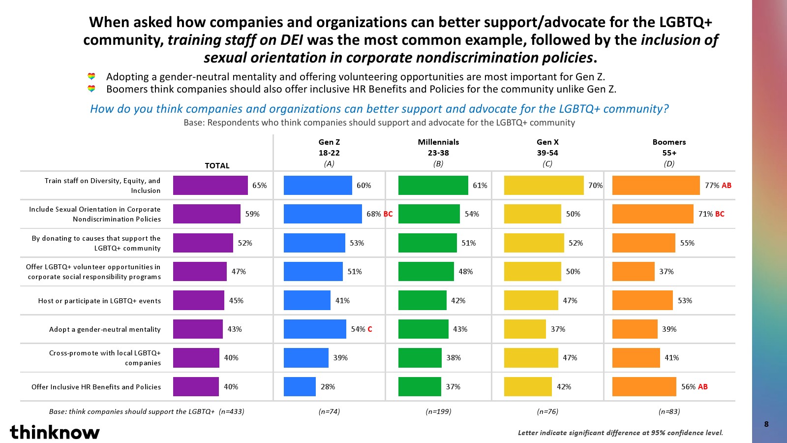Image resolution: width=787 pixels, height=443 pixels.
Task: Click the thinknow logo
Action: [x=55, y=432]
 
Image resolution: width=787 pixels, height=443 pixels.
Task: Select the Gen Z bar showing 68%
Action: [x=322, y=214]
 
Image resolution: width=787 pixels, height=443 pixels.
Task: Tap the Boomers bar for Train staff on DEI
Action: [x=655, y=186]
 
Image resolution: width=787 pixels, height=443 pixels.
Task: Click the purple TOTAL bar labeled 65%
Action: [x=210, y=186]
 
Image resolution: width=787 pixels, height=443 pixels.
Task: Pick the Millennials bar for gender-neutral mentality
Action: [x=423, y=329]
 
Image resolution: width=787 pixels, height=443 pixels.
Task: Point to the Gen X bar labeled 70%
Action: [x=544, y=186]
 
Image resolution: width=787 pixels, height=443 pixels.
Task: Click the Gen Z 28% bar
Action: [x=300, y=387]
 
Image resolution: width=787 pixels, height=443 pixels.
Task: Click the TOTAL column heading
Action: [x=217, y=166]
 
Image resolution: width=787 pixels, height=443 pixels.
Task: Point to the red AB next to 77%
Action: [x=726, y=186]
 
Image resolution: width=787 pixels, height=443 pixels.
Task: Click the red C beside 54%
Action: [x=370, y=329]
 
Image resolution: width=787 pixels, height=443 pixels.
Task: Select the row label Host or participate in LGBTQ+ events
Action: [x=99, y=301]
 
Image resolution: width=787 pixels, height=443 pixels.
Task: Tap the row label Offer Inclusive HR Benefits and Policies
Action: [x=96, y=387]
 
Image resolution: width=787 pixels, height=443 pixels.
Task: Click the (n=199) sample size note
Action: [x=438, y=411]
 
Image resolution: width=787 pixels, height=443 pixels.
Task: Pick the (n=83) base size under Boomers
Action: [x=669, y=411]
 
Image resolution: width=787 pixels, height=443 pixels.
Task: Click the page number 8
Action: [x=766, y=424]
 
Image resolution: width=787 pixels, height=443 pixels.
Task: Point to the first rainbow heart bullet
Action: [x=91, y=77]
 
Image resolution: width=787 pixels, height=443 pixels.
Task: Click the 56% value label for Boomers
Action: [x=688, y=387]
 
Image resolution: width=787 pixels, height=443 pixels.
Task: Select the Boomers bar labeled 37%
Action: [x=633, y=272]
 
